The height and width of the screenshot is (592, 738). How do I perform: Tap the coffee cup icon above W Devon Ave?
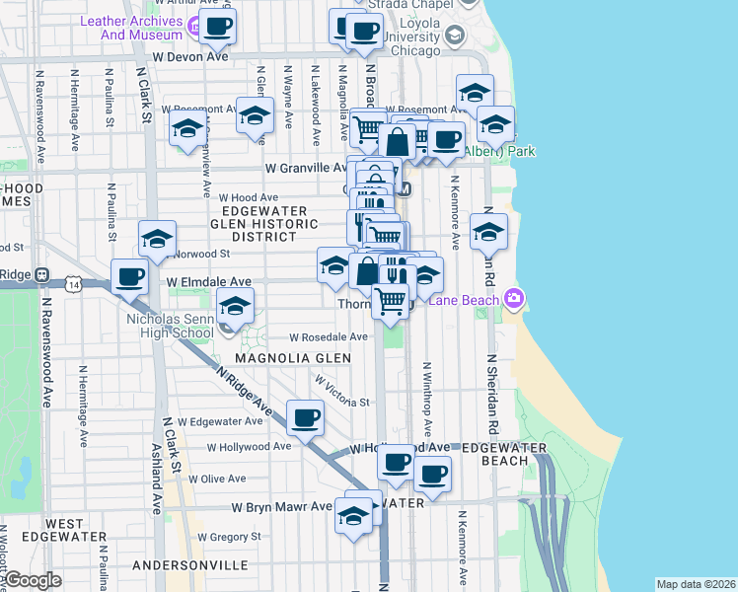(219, 27)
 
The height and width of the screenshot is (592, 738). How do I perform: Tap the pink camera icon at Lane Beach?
(513, 298)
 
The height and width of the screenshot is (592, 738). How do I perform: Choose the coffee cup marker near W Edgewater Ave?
(305, 417)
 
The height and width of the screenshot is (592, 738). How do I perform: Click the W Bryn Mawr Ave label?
(281, 506)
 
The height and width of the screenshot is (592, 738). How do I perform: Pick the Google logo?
(33, 580)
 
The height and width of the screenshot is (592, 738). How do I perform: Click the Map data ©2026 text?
(695, 584)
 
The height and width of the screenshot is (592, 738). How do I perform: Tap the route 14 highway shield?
(74, 284)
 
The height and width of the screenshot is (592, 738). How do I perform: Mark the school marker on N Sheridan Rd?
(488, 233)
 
